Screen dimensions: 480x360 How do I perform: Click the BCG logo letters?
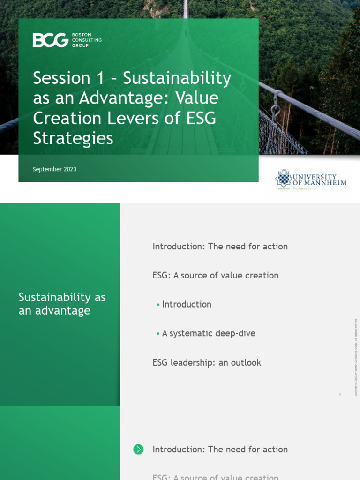(x=50, y=40)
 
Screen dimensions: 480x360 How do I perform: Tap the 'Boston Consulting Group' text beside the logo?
(x=87, y=40)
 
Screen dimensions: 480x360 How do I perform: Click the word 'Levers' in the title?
(x=134, y=118)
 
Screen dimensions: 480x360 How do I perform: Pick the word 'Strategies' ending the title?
(x=73, y=138)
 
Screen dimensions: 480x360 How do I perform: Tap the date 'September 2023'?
(x=54, y=169)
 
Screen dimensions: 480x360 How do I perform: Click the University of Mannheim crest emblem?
(x=283, y=179)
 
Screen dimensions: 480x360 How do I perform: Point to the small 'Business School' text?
(x=306, y=188)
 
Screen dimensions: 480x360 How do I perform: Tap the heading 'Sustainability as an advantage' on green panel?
(x=62, y=304)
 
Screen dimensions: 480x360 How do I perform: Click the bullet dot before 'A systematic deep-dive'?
(x=158, y=334)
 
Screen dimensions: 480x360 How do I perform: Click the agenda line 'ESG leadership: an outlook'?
(x=206, y=362)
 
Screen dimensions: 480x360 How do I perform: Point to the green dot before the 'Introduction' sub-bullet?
(x=158, y=305)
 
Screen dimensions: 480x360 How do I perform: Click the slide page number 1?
(x=340, y=395)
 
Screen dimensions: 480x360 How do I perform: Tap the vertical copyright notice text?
(x=356, y=357)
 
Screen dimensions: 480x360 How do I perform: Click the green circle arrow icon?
(x=138, y=450)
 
